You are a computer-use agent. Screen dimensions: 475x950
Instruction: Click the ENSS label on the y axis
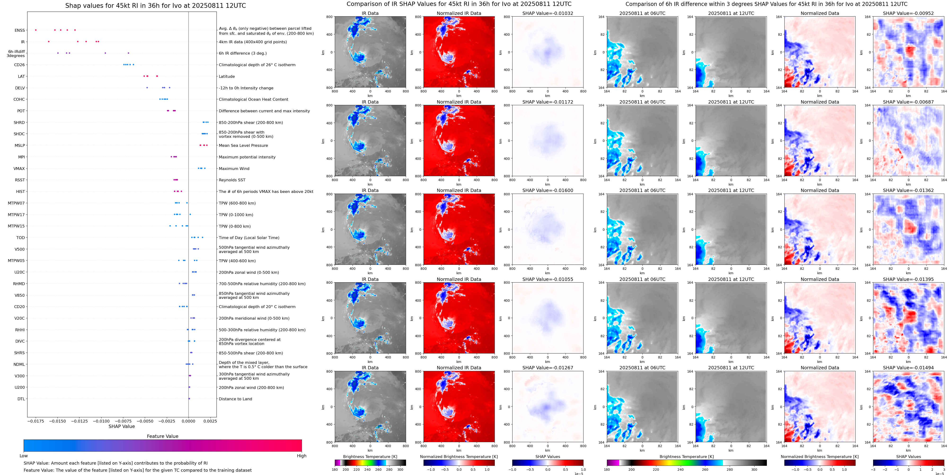(20, 30)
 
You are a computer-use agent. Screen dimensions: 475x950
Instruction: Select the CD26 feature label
(19, 65)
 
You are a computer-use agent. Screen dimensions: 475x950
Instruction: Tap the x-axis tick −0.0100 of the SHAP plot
(101, 421)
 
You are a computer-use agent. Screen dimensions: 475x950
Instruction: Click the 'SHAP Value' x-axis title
(121, 426)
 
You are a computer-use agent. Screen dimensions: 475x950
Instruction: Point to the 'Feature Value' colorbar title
(162, 436)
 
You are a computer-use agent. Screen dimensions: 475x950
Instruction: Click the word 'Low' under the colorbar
(24, 456)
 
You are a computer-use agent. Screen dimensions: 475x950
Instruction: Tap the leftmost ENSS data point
(36, 30)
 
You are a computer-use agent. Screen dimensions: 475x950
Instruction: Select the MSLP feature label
(20, 146)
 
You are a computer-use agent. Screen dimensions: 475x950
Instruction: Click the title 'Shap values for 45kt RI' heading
(155, 5)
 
